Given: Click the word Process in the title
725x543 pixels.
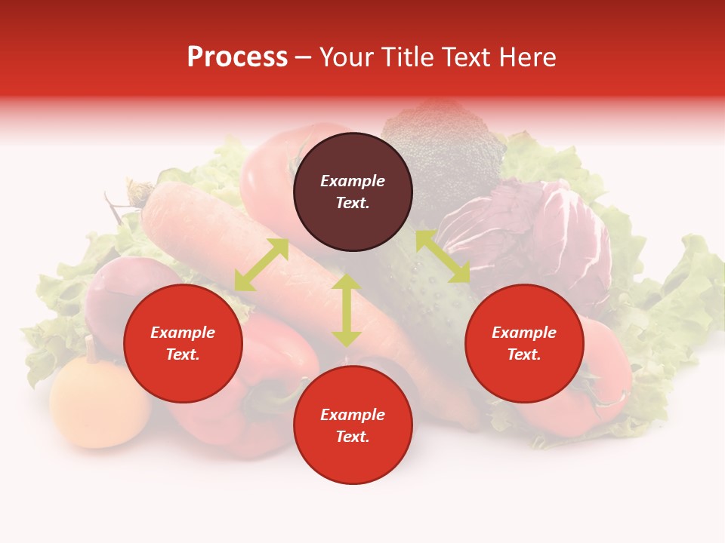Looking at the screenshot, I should (237, 57).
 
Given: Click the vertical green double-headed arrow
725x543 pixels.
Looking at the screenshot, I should (347, 310).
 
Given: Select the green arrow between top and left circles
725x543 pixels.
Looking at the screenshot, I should (261, 265).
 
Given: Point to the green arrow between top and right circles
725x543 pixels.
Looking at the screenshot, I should (443, 256).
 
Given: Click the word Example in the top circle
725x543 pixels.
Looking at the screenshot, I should (353, 181).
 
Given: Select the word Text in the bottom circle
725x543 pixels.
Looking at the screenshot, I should (353, 437).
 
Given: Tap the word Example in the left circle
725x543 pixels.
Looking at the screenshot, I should (183, 333).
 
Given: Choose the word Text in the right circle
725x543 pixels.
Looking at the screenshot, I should (524, 354).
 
